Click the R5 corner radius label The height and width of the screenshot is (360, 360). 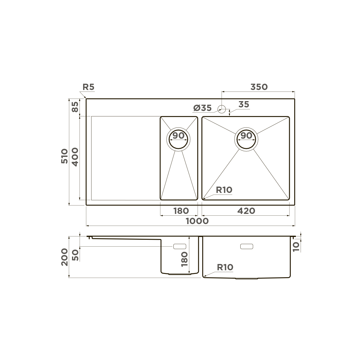[88, 87]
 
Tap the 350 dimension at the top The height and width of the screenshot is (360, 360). [259, 87]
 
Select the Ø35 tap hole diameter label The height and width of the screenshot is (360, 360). [203, 108]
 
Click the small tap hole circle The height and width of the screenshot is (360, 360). [222, 109]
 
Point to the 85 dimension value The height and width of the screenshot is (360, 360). [75, 107]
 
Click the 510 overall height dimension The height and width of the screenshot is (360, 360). [64, 156]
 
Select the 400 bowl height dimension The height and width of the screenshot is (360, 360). [75, 157]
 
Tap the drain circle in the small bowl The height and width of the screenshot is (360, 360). [178, 139]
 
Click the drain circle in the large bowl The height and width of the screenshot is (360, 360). [247, 139]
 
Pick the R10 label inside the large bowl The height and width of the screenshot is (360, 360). [224, 190]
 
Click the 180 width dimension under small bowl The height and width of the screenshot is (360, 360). [181, 211]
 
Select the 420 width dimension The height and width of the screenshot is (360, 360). [246, 211]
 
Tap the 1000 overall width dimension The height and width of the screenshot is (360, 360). [197, 221]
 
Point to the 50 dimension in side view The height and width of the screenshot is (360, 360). [75, 255]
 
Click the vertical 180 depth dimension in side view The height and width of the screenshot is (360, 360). [184, 259]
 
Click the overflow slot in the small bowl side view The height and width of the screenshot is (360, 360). [180, 246]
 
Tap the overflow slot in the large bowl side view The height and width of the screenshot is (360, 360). [247, 246]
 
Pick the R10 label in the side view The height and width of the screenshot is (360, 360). [225, 267]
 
